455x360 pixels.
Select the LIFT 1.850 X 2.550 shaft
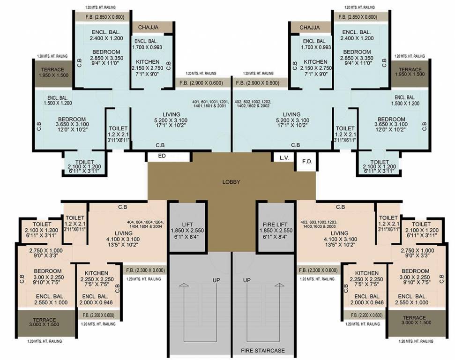pyautogui.click(x=187, y=228)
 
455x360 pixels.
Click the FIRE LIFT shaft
pyautogui.click(x=275, y=228)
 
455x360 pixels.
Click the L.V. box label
pyautogui.click(x=284, y=157)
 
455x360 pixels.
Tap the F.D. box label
pyautogui.click(x=307, y=162)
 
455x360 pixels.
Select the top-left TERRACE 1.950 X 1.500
pyautogui.click(x=53, y=72)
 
